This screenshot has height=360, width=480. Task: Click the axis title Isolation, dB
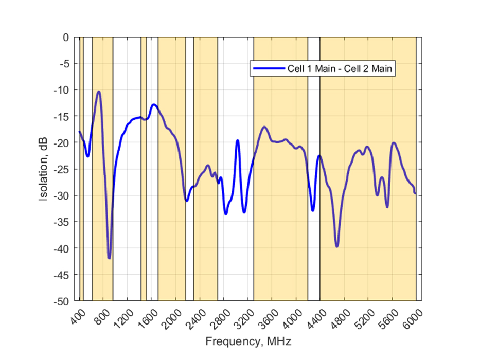coord(45,169)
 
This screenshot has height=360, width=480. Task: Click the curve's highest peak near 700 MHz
coord(98,92)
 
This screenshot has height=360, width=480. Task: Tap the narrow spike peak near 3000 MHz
coord(238,140)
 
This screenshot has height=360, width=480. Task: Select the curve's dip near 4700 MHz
coord(337,246)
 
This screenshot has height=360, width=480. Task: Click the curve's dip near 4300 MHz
coord(313,210)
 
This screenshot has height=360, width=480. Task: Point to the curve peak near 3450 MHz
coord(264,127)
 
